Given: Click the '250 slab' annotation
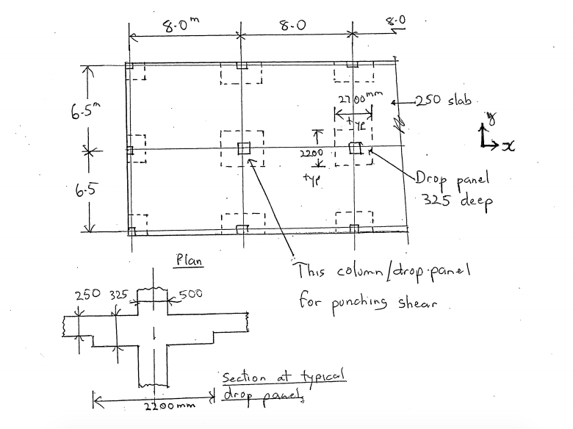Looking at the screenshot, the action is (443, 100).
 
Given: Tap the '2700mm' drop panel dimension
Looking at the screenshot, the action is (360, 98).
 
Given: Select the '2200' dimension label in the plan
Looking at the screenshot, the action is (311, 153).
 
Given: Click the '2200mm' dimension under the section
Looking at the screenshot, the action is (170, 405).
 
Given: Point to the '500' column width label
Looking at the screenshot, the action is (190, 293).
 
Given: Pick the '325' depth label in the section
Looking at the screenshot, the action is (119, 294).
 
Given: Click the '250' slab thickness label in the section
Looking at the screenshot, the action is (87, 295).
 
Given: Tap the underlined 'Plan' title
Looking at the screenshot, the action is (189, 260).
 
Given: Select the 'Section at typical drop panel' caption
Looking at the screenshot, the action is (284, 386).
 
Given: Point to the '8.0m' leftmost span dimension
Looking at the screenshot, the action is (181, 25).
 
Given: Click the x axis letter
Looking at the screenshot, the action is (508, 145).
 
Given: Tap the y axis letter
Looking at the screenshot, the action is (491, 118).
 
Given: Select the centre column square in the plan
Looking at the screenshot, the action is (244, 148).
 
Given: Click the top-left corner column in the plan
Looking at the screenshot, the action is (129, 66).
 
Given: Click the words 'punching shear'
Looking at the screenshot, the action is (384, 304).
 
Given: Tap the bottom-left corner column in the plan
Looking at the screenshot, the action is (131, 231).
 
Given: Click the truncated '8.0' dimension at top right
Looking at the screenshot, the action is (396, 21).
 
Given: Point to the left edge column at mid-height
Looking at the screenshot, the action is (130, 150).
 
